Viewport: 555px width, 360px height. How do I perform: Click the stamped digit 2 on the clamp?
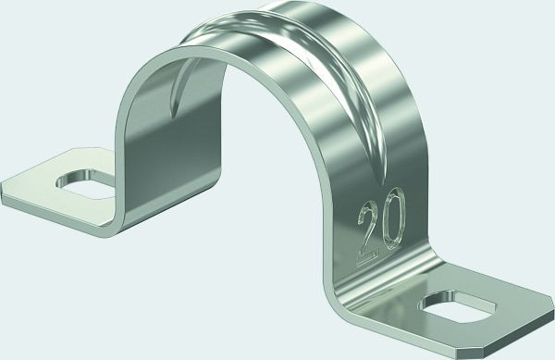369,232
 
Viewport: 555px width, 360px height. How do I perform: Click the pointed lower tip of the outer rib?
381,183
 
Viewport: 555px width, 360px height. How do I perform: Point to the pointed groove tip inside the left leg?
173,115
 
